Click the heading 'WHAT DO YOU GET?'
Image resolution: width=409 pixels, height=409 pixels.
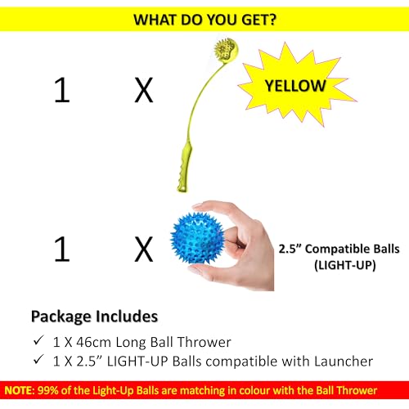204,19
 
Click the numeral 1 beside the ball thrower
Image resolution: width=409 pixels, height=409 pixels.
61,91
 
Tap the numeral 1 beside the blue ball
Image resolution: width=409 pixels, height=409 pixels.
61,249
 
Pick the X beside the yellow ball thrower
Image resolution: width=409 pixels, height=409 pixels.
143,91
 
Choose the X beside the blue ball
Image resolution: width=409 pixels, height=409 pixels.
143,249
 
